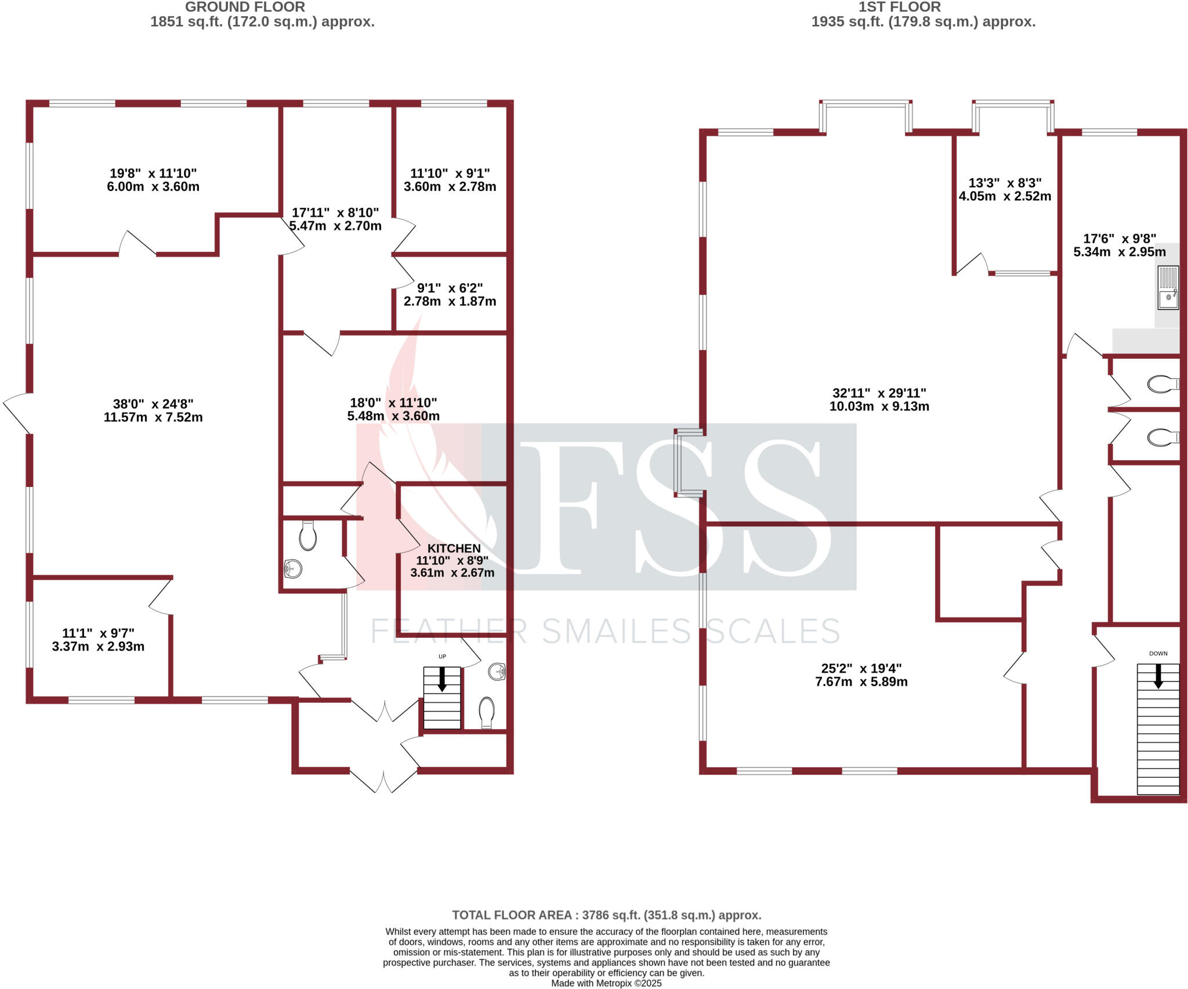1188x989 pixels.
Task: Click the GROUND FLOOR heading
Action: (245, 8)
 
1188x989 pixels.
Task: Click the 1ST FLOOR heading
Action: (900, 8)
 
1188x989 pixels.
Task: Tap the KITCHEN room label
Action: (454, 548)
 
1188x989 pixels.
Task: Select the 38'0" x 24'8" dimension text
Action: (153, 404)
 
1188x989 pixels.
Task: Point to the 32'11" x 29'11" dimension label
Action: (879, 394)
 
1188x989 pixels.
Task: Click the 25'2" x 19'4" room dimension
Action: (861, 668)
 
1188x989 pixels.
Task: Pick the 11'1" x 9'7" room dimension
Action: (98, 633)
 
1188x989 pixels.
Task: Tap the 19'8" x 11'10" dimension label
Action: (153, 174)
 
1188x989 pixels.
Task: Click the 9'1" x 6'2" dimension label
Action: (450, 288)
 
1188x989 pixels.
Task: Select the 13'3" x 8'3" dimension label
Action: (1005, 183)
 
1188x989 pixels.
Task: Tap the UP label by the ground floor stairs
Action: (442, 656)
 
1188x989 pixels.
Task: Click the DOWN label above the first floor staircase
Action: (1158, 654)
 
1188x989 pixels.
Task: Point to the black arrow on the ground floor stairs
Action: (442, 679)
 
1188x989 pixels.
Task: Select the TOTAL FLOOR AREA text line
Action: (606, 915)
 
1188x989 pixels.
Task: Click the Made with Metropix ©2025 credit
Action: (606, 983)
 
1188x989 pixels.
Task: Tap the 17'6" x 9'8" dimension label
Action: (1119, 239)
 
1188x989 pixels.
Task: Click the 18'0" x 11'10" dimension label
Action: (393, 403)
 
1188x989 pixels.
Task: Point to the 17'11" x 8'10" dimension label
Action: (335, 213)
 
